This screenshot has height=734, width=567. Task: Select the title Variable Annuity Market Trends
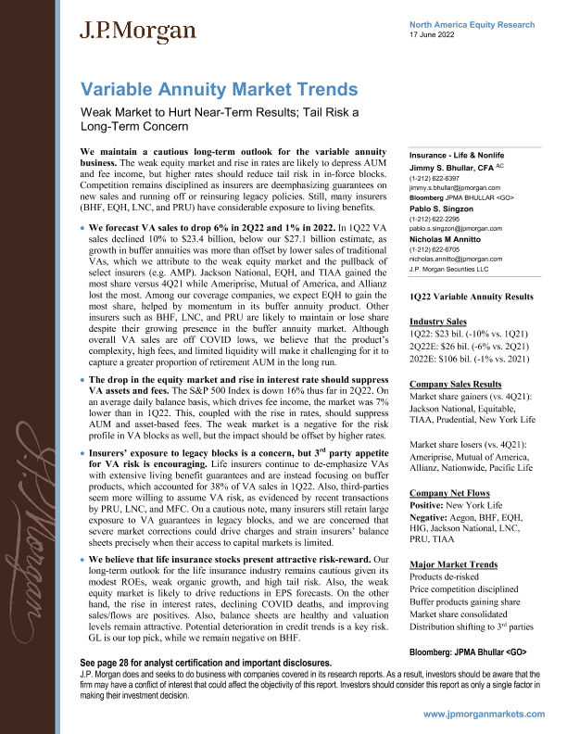[x=220, y=90]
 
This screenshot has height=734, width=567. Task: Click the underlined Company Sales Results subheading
[x=456, y=384]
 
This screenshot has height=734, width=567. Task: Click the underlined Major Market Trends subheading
[x=452, y=564]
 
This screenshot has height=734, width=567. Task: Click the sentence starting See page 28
[x=207, y=664]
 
